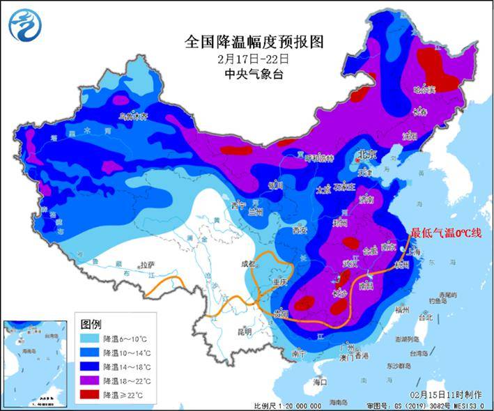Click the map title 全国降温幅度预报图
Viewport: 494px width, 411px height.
click(x=254, y=41)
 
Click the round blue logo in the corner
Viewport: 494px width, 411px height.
click(x=24, y=25)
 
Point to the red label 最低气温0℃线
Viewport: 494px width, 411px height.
click(x=446, y=233)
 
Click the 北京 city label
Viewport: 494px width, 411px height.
click(x=366, y=154)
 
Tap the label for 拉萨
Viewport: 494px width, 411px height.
click(x=146, y=265)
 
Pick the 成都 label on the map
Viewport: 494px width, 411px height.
click(x=249, y=264)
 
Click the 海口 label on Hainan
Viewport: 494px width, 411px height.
click(x=320, y=382)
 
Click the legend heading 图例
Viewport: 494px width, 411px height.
click(x=91, y=325)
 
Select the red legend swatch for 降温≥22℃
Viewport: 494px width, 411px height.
click(x=89, y=395)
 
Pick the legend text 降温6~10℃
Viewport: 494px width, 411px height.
click(x=125, y=339)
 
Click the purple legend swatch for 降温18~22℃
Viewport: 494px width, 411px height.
click(x=89, y=381)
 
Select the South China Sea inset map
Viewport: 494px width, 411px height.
click(x=35, y=363)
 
